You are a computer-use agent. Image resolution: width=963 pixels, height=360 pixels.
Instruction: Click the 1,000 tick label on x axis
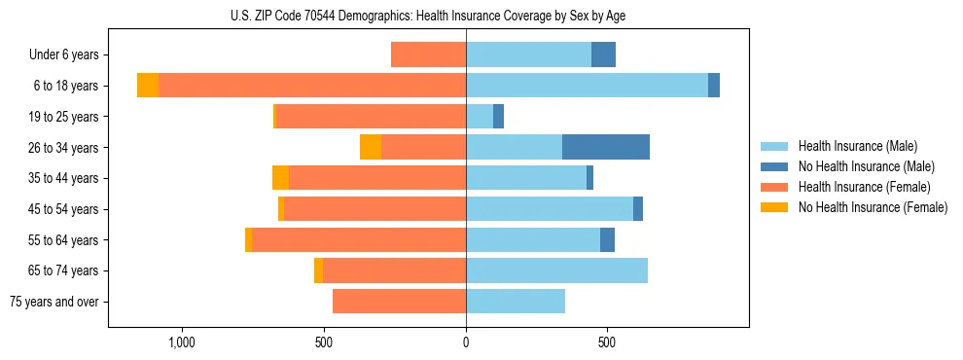(183, 343)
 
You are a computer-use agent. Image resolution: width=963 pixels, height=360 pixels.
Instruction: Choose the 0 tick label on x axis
(466, 343)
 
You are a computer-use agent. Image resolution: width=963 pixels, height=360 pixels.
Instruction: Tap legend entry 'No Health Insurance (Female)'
(873, 207)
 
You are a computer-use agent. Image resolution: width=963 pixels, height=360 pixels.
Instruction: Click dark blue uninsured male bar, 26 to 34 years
(605, 147)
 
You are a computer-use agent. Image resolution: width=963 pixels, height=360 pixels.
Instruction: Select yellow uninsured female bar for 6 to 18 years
(148, 86)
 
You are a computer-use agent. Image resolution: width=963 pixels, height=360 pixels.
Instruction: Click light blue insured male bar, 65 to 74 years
(556, 270)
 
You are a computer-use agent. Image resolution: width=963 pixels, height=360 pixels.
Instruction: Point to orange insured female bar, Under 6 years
(428, 54)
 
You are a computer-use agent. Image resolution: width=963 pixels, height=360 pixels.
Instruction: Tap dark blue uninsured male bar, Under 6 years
(603, 54)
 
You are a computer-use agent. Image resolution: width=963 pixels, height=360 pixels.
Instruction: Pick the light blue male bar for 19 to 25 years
(480, 116)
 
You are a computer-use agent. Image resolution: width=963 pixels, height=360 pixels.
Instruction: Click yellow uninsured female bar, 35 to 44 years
(280, 178)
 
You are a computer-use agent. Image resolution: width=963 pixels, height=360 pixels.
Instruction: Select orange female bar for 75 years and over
(399, 302)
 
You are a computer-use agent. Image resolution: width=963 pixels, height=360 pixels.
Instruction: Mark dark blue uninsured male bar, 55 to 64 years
(607, 239)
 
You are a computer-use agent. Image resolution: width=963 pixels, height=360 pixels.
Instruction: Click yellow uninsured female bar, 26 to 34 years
(371, 147)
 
